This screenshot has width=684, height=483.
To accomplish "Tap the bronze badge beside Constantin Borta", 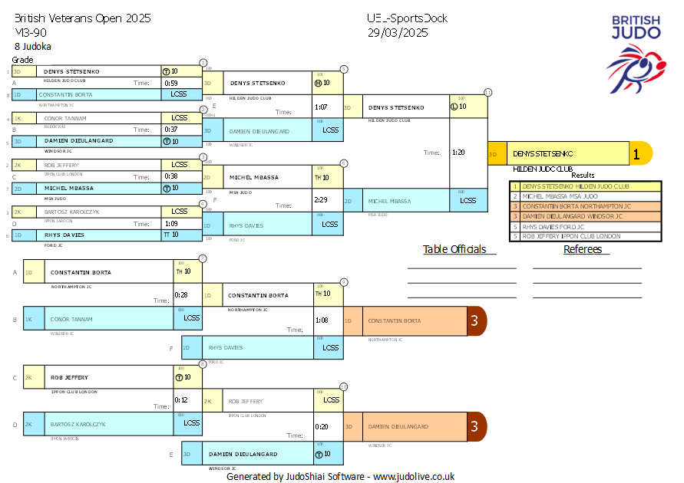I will [x=475, y=320].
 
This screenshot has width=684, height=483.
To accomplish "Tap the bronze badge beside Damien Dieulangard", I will [x=475, y=426].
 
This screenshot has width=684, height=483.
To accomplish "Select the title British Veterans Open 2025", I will [x=83, y=18].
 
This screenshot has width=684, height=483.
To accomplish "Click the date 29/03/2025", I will [x=398, y=32].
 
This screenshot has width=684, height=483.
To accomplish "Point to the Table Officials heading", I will [x=454, y=249].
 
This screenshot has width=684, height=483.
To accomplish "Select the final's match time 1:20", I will [x=459, y=153].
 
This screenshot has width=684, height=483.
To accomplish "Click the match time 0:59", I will [x=171, y=83].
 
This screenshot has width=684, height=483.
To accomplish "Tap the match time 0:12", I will [x=181, y=400].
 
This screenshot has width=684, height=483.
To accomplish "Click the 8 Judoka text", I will [x=32, y=46].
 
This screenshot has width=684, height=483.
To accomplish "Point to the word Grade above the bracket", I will [x=23, y=60].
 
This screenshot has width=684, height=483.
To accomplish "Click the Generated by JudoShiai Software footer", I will [x=340, y=476].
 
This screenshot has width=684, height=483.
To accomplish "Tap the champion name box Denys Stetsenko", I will [x=558, y=154].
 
